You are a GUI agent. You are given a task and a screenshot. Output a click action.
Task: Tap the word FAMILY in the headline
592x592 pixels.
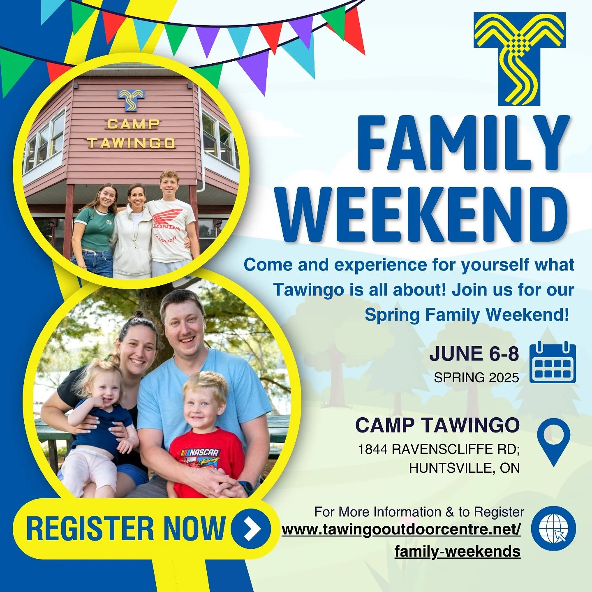pos(463,143)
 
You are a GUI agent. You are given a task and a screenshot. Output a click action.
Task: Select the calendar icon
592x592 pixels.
pos(553,363)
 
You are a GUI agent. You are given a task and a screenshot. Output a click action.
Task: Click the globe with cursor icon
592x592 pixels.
pos(553,528)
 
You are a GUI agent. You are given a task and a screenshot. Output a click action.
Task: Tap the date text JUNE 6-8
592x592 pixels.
pos(474,354)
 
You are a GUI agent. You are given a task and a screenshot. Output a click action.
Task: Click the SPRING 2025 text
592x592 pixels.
pos(476,377)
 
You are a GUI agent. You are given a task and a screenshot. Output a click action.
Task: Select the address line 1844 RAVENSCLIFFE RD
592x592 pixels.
pos(438,449)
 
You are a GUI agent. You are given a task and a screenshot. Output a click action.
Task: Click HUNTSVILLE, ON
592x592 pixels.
pos(464,468)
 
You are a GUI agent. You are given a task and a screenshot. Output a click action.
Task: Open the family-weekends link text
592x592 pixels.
pos(457,551)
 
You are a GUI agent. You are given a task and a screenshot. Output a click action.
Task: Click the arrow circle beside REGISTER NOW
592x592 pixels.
pos(250,528)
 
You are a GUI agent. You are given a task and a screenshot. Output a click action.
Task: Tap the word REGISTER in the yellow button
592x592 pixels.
pos(90,528)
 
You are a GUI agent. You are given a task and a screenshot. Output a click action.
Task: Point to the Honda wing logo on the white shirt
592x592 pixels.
pos(168,217)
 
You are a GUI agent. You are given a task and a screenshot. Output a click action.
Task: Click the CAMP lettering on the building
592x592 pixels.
pos(133,124)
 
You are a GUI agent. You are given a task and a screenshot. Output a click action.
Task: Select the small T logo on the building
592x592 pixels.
pos(131,100)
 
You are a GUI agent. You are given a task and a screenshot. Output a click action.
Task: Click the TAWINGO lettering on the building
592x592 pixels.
pos(131,143)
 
